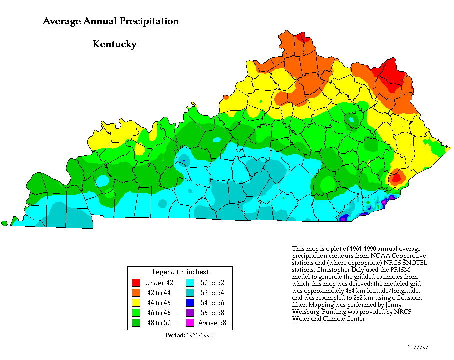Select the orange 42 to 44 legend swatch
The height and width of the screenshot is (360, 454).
[135, 293]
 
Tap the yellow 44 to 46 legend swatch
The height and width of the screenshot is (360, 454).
[135, 303]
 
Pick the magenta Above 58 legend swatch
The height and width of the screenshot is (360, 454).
[190, 322]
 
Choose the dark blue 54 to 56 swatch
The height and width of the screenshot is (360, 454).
[190, 303]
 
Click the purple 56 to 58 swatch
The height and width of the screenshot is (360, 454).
[190, 312]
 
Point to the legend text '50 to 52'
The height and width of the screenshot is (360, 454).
[212, 283]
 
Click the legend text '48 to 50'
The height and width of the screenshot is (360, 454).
[158, 322]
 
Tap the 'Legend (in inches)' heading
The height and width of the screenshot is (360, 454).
[180, 272]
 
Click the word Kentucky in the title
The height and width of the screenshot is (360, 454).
[115, 44]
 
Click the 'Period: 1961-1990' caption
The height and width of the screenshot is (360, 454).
[189, 335]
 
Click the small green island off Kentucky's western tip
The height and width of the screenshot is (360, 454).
[4, 223]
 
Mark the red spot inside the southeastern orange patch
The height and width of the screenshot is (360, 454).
[397, 176]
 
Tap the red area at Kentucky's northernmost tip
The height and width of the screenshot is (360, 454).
[301, 37]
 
